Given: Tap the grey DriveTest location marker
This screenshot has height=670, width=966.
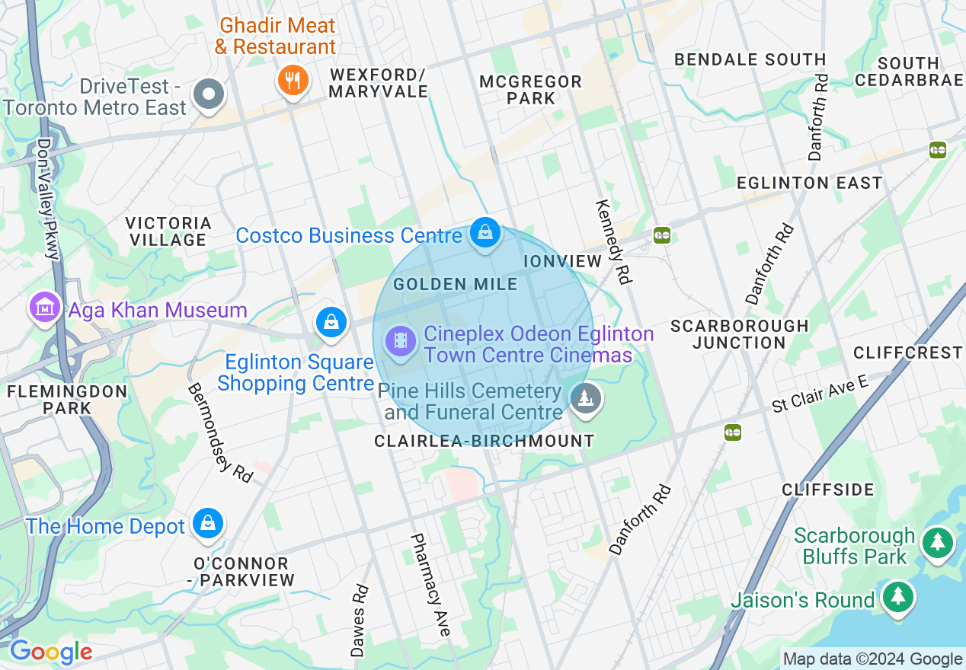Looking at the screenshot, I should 209,94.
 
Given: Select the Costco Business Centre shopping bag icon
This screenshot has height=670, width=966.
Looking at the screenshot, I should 485,233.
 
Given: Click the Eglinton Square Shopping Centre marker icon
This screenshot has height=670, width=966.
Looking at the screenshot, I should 331,321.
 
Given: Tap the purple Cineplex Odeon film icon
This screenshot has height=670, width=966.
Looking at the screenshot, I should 401,340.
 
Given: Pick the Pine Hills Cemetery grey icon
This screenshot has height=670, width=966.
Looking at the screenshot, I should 585,399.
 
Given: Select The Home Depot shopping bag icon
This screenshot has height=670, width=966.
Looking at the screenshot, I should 207,524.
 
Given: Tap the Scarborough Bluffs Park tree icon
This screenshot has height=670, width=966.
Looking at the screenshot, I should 937,543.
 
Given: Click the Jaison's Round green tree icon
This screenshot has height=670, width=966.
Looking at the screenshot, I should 898,597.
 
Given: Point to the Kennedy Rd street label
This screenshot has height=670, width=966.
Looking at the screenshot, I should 613,242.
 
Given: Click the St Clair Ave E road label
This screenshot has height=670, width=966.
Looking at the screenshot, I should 820,394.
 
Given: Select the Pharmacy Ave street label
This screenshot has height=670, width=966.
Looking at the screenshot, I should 430,584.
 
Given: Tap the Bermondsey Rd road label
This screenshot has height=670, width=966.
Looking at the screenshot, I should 219,432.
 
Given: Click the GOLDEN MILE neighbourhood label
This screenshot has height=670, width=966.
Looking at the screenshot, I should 455,285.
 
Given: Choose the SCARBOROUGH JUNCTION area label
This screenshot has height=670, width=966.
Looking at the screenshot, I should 739,333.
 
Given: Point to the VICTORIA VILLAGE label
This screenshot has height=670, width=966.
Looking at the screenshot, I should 168,231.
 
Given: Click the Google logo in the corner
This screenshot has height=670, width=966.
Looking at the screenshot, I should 51,652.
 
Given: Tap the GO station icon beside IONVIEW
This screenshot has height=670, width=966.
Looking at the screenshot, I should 661,235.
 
